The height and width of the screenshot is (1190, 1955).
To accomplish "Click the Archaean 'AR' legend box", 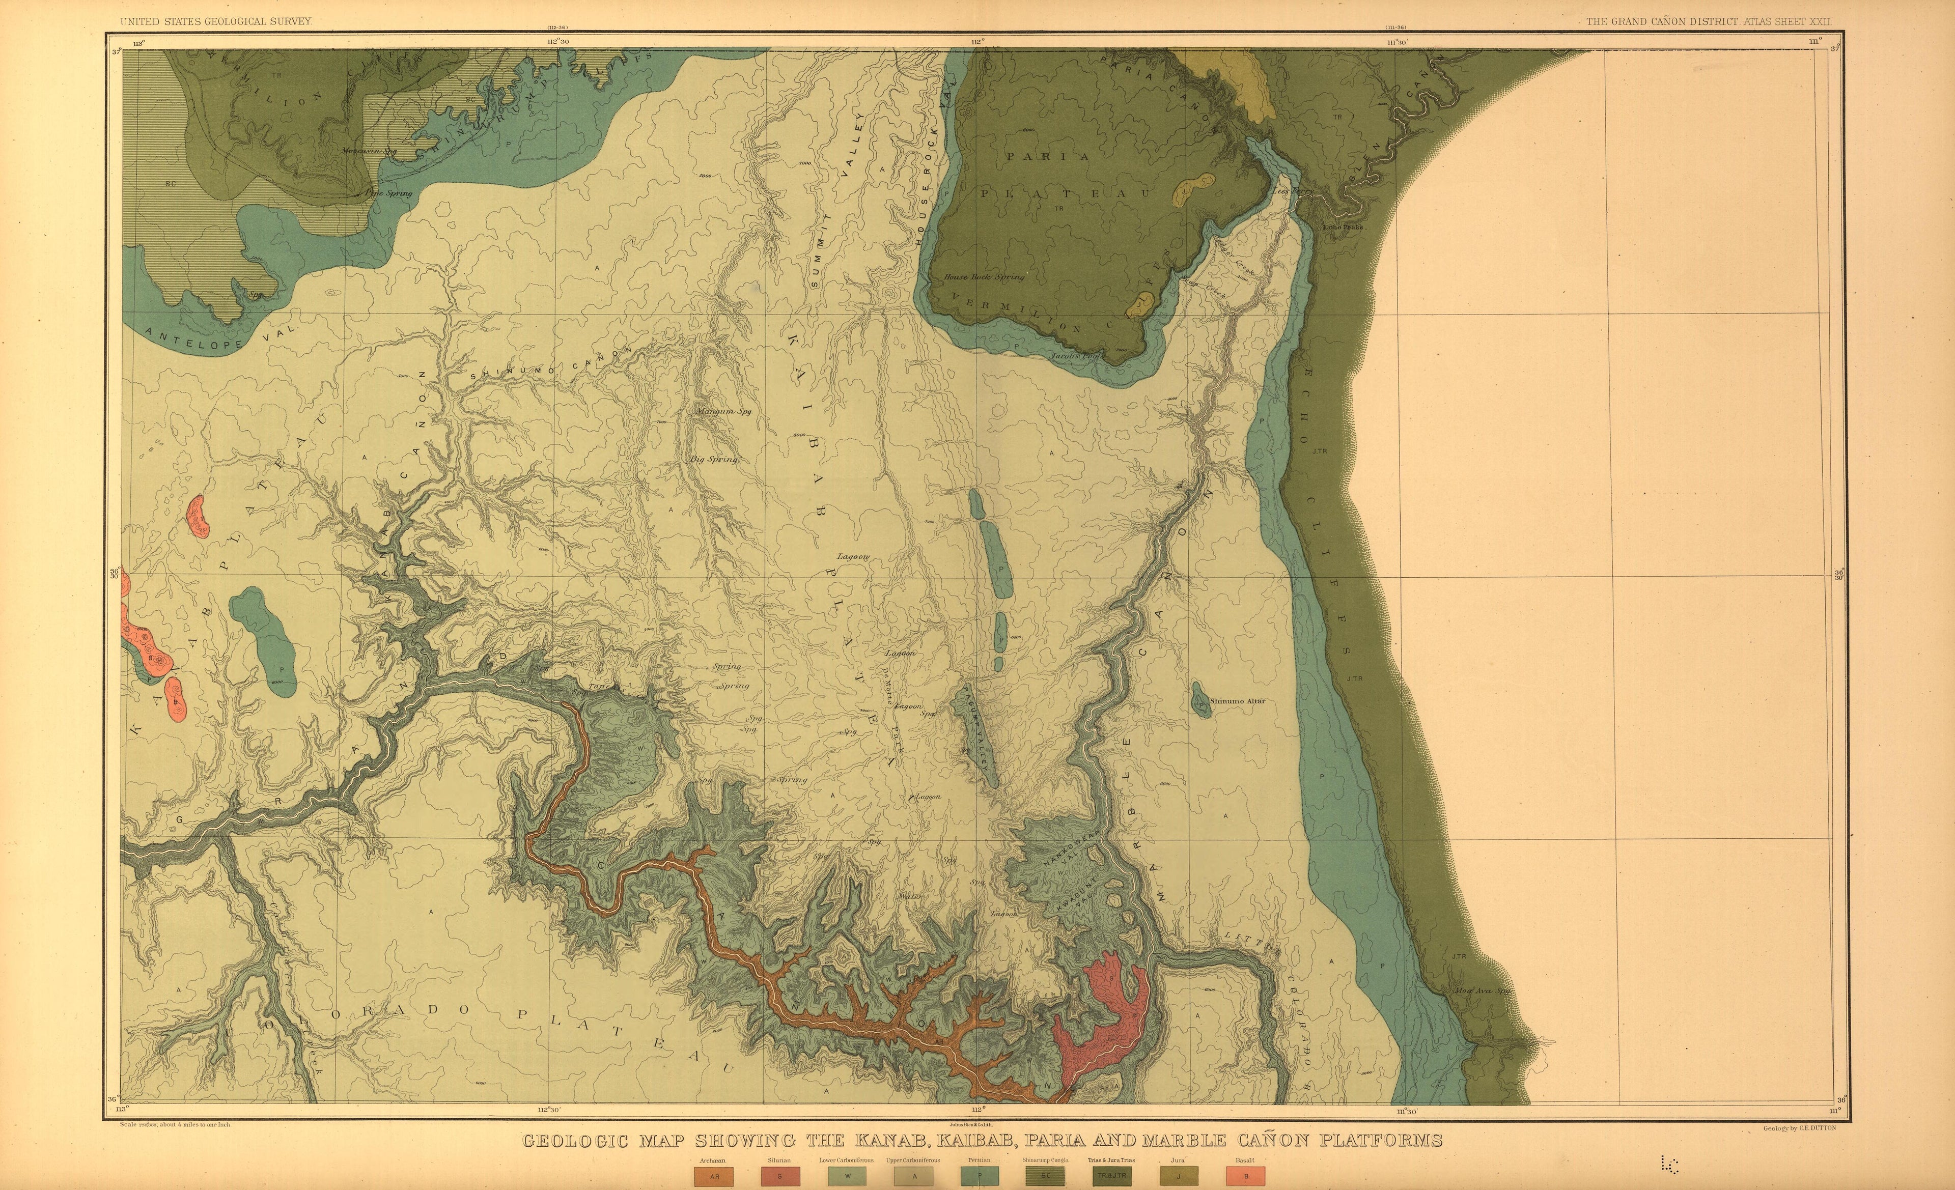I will (714, 1176).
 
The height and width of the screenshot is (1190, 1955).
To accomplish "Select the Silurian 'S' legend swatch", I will (780, 1176).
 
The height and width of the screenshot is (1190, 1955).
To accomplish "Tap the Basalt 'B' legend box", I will (1246, 1176).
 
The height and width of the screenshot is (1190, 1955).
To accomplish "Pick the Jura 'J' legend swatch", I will (1178, 1176).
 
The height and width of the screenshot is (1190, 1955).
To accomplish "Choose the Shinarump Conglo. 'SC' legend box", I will (1045, 1176).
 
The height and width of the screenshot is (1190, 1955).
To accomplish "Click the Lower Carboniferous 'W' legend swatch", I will (847, 1176).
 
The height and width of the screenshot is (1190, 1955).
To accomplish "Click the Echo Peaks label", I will (1343, 227).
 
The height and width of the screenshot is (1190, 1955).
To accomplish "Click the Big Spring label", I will (715, 459).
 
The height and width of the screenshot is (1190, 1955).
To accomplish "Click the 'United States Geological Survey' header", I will (216, 21).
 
